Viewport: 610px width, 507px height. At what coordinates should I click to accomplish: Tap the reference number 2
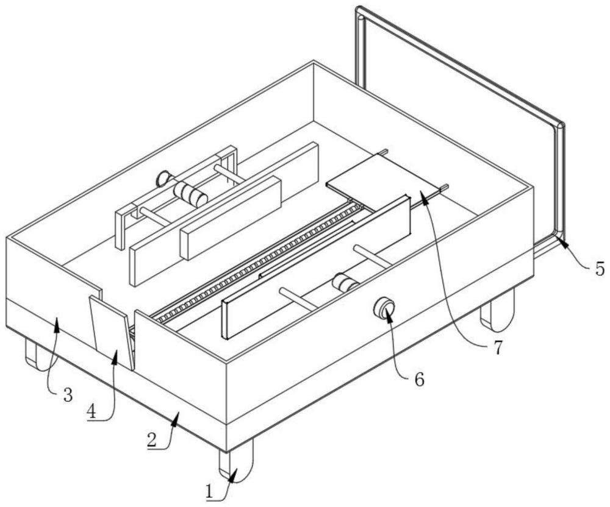point(152,441)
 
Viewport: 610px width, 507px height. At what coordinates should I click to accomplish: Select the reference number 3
point(68,395)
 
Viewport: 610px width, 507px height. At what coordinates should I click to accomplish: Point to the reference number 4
point(91,412)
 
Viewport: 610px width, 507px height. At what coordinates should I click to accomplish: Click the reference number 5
point(600,269)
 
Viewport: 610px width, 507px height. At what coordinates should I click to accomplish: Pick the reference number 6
point(420,380)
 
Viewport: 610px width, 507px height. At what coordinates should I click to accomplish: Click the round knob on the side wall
point(384,307)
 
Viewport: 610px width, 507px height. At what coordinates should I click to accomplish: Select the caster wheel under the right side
point(498,310)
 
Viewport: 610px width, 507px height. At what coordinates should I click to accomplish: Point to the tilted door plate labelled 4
point(112,333)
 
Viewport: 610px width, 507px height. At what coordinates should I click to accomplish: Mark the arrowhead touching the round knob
point(388,313)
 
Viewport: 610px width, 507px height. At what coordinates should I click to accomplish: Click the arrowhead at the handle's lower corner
point(562,241)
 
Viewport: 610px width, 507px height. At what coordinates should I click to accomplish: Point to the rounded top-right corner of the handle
point(559,127)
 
